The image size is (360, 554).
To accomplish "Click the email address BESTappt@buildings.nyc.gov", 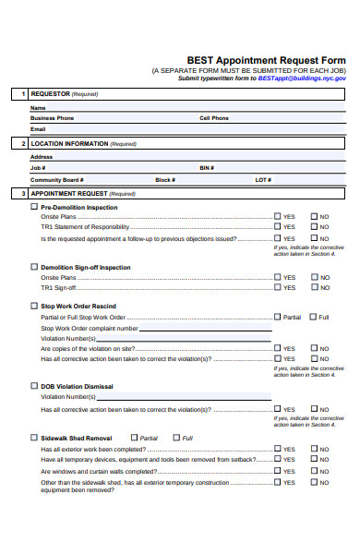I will pyautogui.click(x=302, y=78).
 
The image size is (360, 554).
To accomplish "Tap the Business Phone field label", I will pyautogui.click(x=53, y=118).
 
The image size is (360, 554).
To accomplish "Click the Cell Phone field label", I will pyautogui.click(x=214, y=118).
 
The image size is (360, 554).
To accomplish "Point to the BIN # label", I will pyautogui.click(x=207, y=168).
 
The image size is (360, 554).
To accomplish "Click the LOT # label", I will pyautogui.click(x=263, y=180).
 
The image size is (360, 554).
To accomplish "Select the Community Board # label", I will pyautogui.click(x=57, y=180).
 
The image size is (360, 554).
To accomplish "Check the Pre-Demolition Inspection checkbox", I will pyautogui.click(x=35, y=208).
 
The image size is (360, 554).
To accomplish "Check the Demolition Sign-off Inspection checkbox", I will pyautogui.click(x=35, y=267).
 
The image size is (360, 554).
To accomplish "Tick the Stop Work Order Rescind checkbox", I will pyautogui.click(x=35, y=306).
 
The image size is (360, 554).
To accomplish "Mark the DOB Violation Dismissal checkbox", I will pyautogui.click(x=35, y=386).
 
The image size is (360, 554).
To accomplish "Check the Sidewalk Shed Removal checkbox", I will pyautogui.click(x=35, y=438).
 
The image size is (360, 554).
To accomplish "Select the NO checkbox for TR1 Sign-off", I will pyautogui.click(x=314, y=287).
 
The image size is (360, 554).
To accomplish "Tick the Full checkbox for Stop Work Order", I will pyautogui.click(x=313, y=317).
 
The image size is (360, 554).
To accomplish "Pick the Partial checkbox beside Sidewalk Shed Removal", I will pyautogui.click(x=135, y=438).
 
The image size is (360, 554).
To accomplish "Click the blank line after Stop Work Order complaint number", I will pyautogui.click(x=207, y=328).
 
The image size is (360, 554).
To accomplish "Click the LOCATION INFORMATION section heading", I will pyautogui.click(x=69, y=144).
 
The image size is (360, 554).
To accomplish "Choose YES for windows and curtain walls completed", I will pyautogui.click(x=277, y=471).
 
